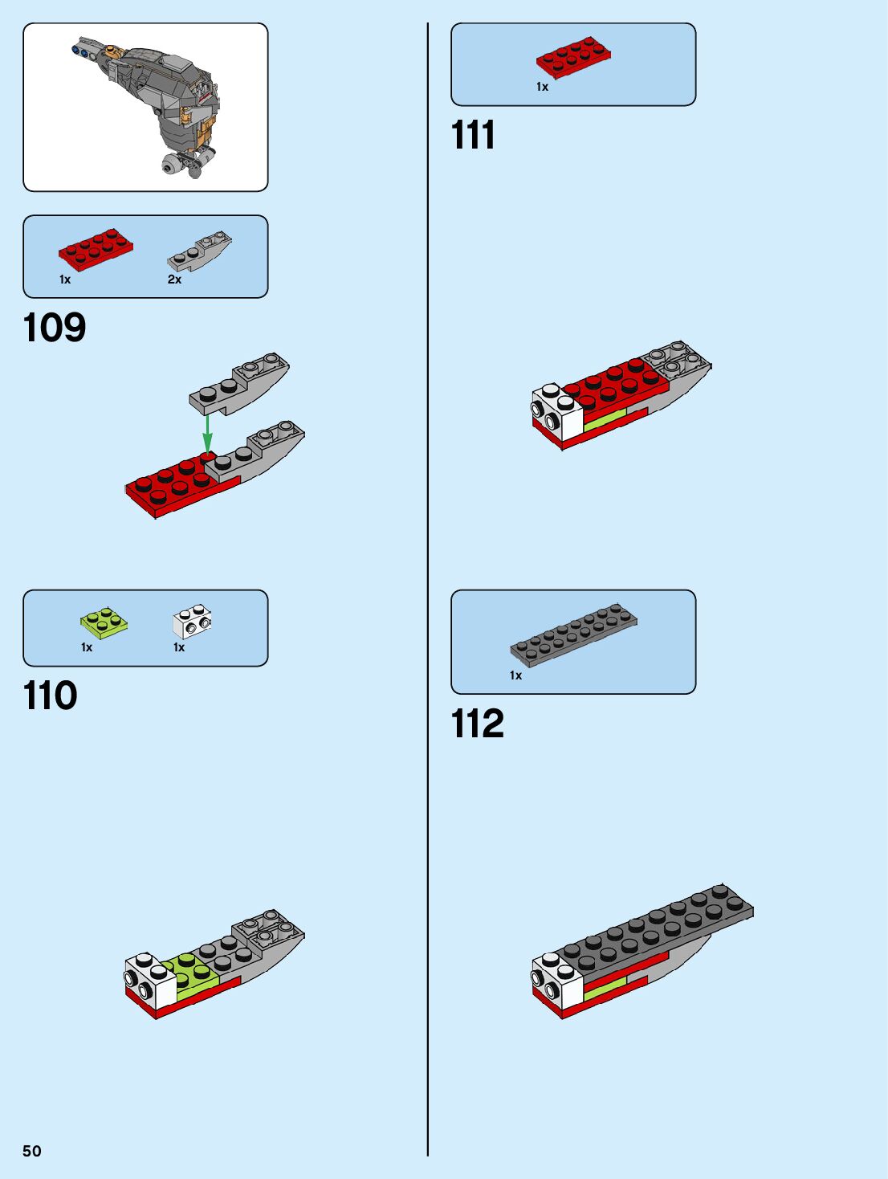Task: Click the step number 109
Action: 55,328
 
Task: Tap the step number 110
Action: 51,696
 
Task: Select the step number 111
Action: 473,135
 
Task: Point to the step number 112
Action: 478,724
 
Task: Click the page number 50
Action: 32,1151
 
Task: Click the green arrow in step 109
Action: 207,433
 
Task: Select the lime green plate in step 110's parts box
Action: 104,622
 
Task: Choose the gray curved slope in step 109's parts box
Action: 199,251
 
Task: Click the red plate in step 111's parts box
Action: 573,58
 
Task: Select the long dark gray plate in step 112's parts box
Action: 574,635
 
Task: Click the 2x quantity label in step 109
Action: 174,279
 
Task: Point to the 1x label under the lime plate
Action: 87,647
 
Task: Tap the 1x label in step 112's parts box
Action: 515,675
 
